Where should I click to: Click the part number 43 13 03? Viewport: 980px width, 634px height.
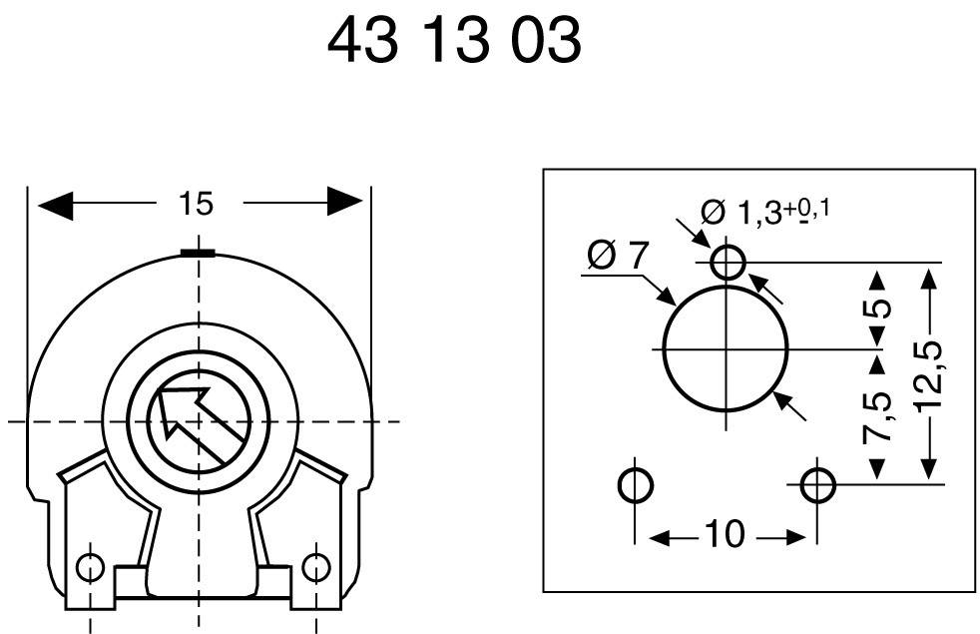(x=454, y=42)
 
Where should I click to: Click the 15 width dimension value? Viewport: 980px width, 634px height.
(x=196, y=204)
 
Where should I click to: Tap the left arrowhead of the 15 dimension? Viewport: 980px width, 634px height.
(x=56, y=204)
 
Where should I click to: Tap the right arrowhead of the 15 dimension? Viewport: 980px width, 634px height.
(x=344, y=203)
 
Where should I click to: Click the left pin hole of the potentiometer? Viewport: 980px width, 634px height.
(x=91, y=567)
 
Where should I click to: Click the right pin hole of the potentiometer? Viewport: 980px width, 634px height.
(x=315, y=567)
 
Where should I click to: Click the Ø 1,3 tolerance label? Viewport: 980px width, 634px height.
(x=765, y=212)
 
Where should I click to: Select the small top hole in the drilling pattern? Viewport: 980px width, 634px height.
(x=728, y=263)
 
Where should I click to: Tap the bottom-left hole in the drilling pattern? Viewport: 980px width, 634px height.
(x=636, y=486)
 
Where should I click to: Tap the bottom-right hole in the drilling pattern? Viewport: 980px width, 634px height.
(x=818, y=486)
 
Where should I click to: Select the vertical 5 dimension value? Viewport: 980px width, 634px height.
(x=877, y=308)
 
